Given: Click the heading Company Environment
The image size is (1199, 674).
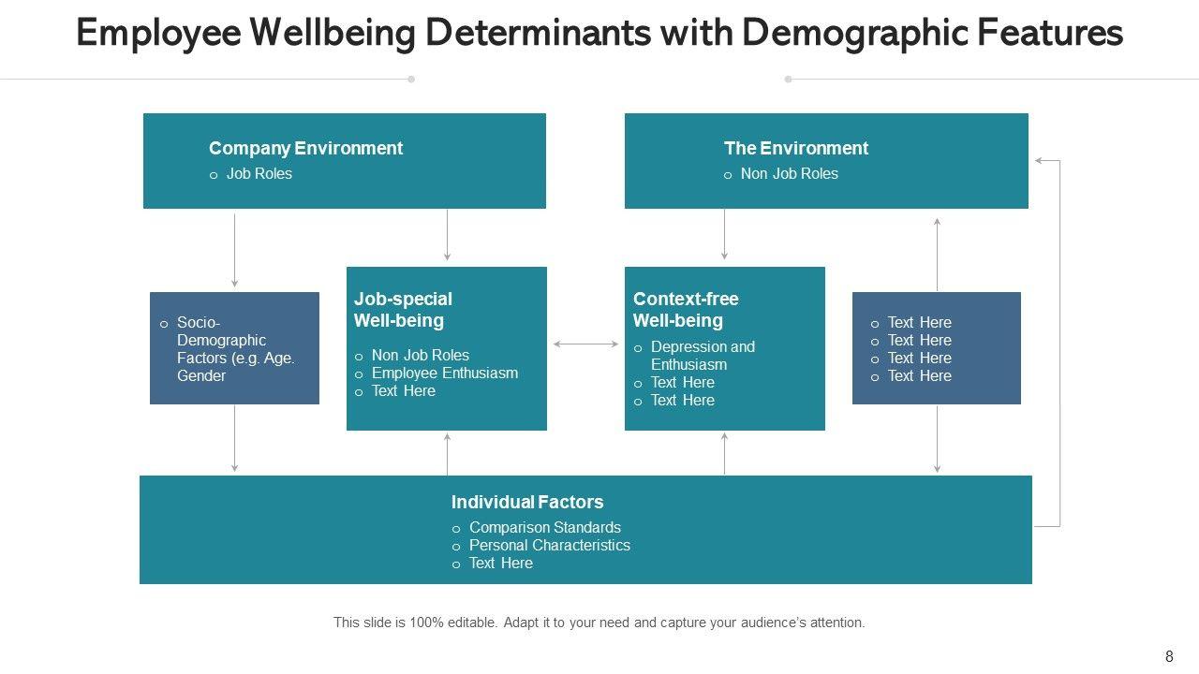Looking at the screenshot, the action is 305,148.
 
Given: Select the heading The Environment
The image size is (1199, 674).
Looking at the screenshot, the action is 795,148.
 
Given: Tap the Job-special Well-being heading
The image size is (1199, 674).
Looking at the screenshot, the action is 403,310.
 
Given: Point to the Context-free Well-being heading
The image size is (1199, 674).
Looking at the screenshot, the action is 686,310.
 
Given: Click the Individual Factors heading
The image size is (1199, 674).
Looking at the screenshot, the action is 526,502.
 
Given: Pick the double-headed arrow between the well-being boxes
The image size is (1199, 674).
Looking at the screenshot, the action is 585,344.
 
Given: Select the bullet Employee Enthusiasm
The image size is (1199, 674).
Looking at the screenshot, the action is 444,373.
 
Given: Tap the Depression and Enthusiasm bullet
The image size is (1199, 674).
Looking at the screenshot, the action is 702,355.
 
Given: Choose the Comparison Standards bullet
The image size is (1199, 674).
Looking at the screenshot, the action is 544,527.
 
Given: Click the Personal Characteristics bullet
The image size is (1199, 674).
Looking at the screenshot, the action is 549,545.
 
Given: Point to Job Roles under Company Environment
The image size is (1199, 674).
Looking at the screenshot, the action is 259,173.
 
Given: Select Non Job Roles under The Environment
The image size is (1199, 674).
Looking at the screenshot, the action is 789,173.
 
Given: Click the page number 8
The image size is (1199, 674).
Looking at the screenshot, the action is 1169,656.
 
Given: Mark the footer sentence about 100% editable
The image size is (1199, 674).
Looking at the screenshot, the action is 599,622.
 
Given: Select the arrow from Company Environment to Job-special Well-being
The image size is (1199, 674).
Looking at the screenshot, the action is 447,234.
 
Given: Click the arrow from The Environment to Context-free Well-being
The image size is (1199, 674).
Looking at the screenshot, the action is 724,234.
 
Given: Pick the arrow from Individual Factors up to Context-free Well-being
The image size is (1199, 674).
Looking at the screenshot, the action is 724,453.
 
